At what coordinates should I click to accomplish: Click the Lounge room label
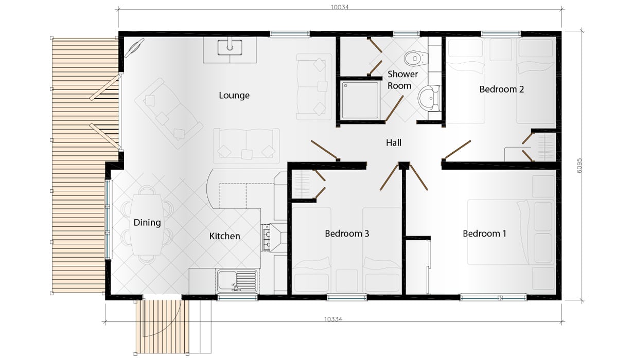234,96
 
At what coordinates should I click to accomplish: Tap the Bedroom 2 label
502,89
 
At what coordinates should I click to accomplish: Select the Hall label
394,143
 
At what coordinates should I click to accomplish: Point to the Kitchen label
225,236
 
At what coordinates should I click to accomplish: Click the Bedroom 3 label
347,233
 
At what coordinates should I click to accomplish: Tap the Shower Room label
402,80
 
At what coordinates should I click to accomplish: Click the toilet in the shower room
416,59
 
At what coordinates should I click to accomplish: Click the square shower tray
360,100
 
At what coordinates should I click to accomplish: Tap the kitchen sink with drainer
237,281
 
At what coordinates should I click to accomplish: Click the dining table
147,225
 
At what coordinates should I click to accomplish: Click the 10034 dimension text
340,7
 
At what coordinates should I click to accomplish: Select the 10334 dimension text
333,319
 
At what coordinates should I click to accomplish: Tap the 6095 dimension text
579,166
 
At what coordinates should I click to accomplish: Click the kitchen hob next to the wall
266,238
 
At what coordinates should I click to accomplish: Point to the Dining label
147,223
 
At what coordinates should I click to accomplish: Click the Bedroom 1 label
484,233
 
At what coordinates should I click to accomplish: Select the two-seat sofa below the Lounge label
247,146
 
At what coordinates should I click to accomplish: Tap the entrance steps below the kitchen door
162,327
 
